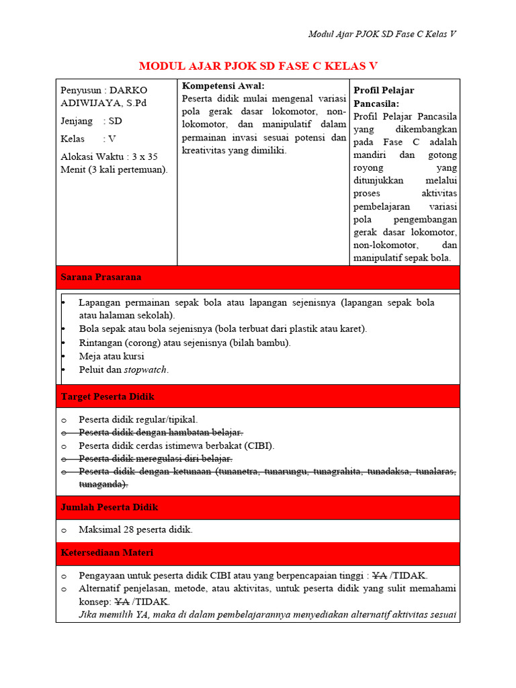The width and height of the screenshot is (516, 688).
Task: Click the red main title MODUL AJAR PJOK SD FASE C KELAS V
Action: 258,65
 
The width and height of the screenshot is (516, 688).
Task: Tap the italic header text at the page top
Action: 382,34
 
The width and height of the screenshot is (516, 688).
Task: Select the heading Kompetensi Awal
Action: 223,86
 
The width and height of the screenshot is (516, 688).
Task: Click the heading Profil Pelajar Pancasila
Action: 384,97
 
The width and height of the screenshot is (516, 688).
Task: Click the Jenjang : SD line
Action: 91,121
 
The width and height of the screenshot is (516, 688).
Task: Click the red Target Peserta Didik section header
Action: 107,396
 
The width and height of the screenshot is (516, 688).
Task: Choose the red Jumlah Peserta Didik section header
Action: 110,507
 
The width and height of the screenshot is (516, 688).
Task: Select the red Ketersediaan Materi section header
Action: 107,553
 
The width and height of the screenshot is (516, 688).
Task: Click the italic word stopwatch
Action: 145,370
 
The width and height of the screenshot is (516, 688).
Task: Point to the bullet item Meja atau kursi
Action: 112,356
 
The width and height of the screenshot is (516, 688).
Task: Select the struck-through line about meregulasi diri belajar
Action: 155,458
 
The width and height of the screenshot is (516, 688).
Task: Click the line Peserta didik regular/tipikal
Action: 138,419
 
